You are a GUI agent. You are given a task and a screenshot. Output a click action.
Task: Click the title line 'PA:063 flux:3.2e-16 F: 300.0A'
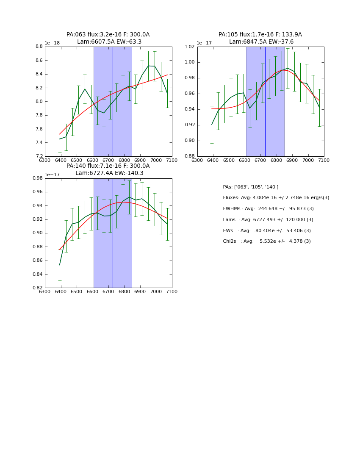108,35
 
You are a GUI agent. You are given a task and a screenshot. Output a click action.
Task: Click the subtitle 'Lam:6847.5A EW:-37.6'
261,42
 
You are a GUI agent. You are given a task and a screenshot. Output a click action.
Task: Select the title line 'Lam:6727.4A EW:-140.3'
109,173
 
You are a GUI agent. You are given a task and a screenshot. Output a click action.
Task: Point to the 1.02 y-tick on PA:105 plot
189,47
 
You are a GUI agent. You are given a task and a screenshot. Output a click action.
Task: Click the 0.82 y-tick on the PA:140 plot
37,288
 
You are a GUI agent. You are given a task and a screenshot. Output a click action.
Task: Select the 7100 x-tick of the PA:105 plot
324,160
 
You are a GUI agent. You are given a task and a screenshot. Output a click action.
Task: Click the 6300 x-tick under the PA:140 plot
45,291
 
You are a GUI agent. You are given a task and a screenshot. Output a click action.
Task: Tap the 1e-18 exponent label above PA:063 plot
53,43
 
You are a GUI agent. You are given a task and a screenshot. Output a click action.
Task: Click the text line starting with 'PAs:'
250,187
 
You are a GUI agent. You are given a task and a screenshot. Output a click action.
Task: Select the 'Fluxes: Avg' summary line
276,198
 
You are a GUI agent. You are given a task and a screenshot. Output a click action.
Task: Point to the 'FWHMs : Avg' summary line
268,209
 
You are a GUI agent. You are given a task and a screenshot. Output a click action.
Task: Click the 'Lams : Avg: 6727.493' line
268,220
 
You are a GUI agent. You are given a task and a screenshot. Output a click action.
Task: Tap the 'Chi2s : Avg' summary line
266,241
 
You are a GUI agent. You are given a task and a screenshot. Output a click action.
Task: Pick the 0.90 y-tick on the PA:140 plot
37,233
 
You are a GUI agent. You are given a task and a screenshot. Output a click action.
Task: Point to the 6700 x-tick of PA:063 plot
108,160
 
